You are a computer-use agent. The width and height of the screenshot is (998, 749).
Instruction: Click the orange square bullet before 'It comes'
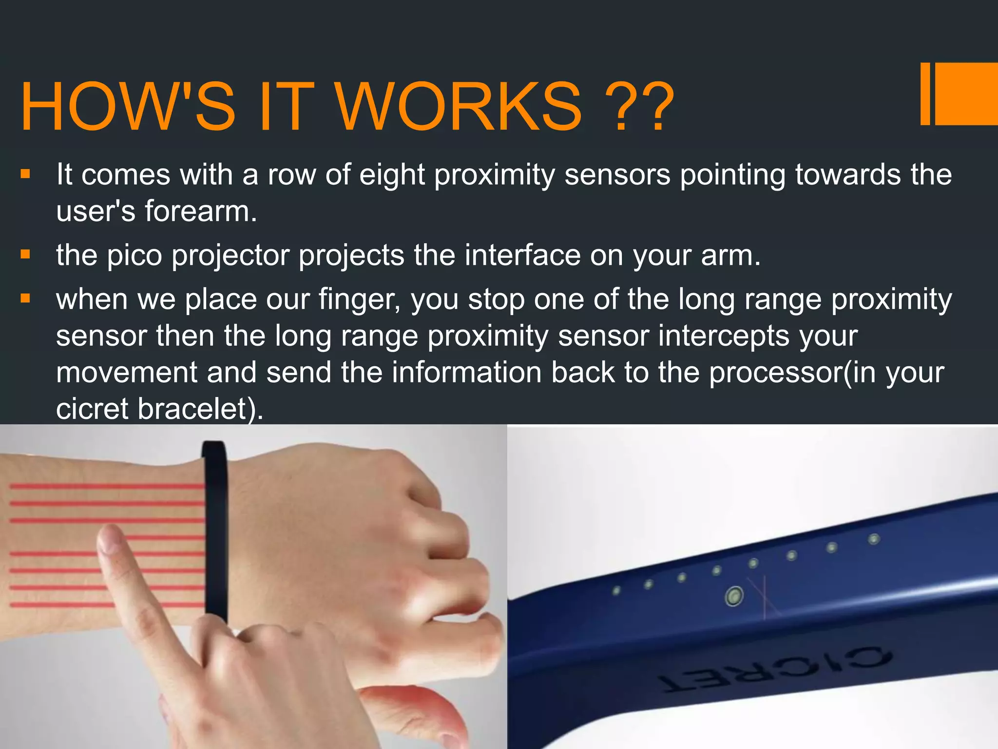[25, 174]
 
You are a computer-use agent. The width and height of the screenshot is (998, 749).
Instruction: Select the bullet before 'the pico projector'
[25, 255]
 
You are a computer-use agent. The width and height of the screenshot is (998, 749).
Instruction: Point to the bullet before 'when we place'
[25, 298]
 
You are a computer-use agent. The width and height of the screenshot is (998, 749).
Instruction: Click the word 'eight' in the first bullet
[392, 175]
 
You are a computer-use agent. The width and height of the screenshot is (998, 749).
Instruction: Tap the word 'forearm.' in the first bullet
[200, 212]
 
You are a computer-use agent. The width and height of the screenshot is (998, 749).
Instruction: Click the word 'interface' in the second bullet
[522, 255]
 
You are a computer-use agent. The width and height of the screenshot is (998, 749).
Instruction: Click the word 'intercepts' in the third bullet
[723, 335]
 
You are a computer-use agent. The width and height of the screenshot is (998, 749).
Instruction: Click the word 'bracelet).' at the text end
[200, 409]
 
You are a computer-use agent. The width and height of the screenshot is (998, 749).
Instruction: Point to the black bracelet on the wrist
[215, 532]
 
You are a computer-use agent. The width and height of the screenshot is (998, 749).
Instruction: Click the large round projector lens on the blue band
[734, 596]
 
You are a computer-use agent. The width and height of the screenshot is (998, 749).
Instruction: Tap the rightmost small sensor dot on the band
[874, 539]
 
